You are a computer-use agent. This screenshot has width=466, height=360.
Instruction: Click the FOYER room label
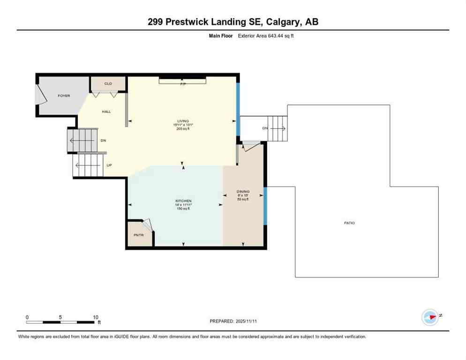point(64,96)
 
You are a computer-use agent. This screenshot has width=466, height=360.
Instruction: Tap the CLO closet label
point(108,83)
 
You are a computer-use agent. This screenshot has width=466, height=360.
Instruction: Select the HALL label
point(106,112)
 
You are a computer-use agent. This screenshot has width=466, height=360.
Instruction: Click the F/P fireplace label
point(183,84)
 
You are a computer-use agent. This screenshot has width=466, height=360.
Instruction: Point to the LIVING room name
point(183,121)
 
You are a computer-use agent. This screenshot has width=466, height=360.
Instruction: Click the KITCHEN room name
point(183,201)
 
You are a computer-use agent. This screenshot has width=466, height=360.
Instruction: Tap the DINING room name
point(243,191)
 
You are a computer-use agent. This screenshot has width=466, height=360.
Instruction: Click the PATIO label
point(349,223)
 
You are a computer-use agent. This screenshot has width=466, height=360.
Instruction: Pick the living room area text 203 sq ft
point(183,128)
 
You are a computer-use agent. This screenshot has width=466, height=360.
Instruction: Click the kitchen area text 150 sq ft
point(183,208)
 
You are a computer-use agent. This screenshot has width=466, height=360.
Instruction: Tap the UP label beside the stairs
point(109,165)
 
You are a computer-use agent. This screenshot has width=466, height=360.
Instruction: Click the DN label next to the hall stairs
point(103,140)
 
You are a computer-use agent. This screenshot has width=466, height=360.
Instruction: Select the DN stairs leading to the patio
point(277,128)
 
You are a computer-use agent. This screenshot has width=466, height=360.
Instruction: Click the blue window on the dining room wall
point(265,206)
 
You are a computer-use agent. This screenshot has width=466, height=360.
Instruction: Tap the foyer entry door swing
point(41,97)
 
